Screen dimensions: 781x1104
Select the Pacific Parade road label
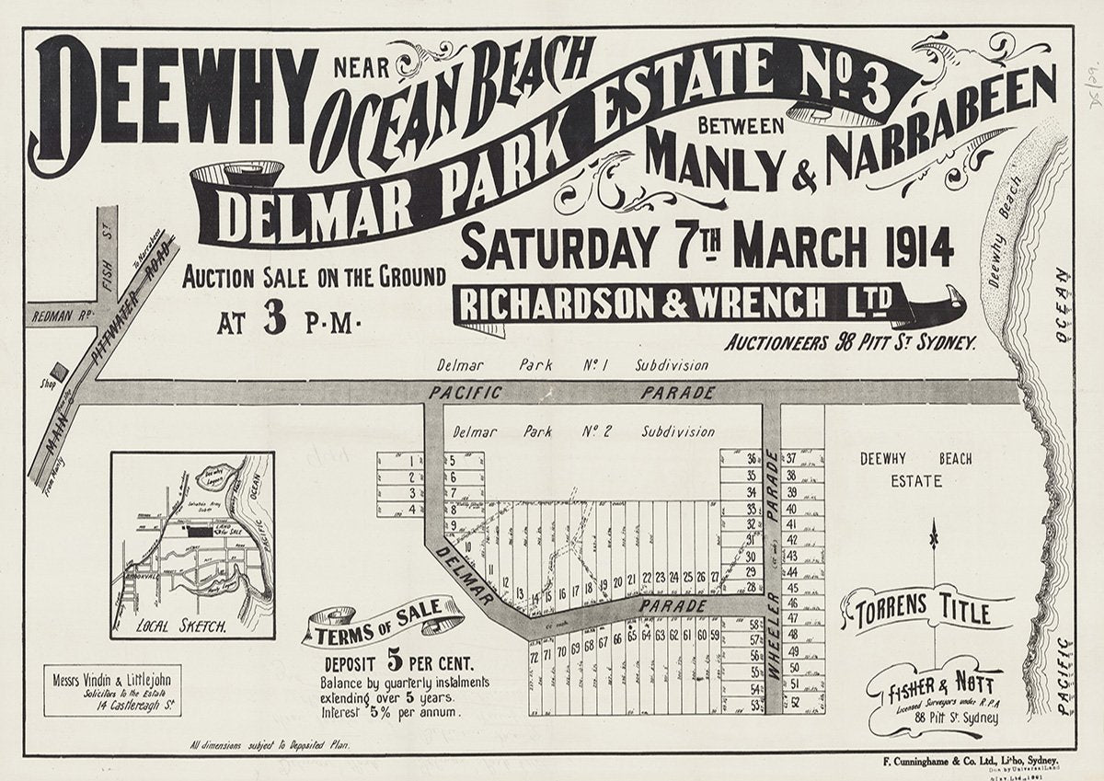click(x=570, y=393)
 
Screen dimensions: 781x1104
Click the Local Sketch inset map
click(x=192, y=545)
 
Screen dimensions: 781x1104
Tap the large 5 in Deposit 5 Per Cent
click(x=396, y=660)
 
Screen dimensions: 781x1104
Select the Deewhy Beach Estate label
click(x=915, y=469)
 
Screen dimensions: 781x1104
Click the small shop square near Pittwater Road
click(x=60, y=370)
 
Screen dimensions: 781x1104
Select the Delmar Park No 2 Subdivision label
click(x=583, y=431)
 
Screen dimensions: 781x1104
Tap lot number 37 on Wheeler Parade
click(x=790, y=457)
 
